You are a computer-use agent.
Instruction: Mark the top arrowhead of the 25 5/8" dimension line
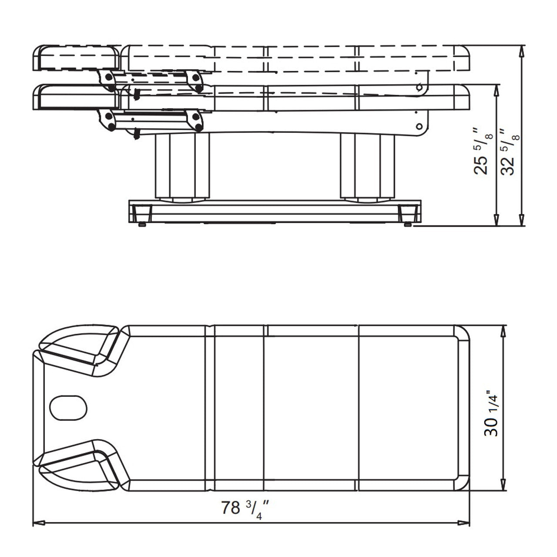[496, 90]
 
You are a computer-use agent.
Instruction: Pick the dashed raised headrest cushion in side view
[77, 57]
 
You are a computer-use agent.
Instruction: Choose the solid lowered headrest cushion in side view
[77, 97]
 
